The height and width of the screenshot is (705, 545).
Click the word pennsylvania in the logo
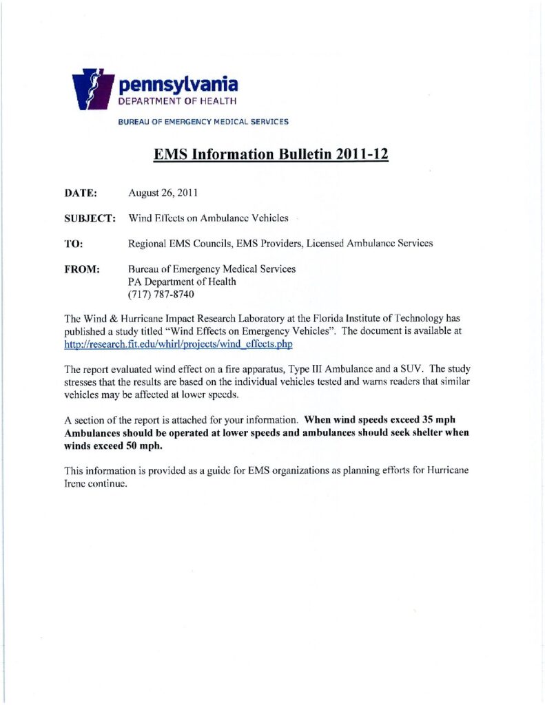178,85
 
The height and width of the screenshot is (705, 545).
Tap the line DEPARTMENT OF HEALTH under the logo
178,101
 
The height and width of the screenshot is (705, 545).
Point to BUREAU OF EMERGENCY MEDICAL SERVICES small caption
203,122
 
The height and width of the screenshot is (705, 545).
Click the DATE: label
81,194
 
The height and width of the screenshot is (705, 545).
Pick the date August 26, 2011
163,194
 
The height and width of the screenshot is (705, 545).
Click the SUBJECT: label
90,218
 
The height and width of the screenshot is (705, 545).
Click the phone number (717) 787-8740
162,294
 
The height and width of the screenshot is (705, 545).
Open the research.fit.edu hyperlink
183,344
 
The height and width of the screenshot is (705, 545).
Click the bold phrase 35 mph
438,420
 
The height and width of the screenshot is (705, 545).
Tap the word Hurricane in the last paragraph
450,470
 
